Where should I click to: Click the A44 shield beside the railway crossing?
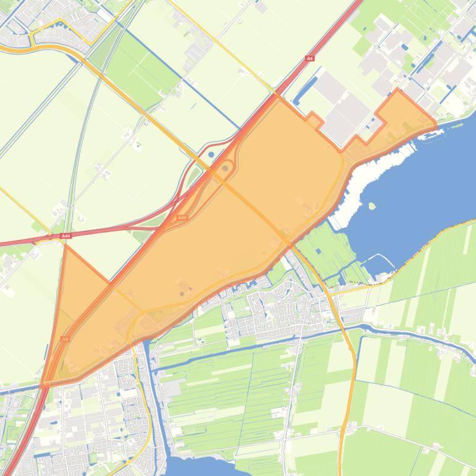(66, 236)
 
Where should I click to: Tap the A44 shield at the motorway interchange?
(182, 218)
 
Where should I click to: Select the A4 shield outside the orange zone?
(310, 59)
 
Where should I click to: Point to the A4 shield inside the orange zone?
(65, 339)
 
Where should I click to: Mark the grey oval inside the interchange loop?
(225, 168)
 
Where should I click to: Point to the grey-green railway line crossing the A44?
(75, 185)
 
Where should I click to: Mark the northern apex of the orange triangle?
(66, 246)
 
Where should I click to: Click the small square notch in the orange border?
(314, 121)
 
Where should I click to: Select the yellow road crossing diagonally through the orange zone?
(247, 204)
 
